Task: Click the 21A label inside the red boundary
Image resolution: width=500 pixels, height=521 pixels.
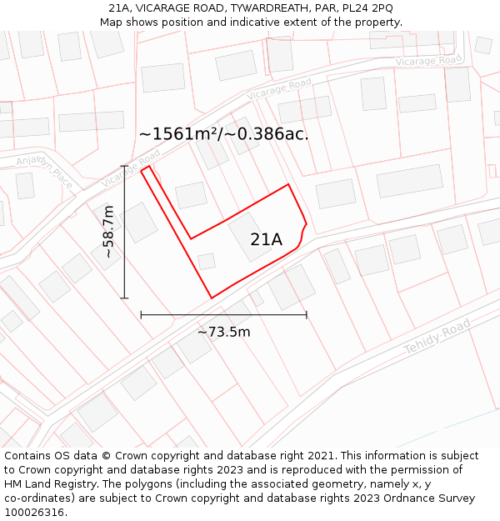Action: [267, 240]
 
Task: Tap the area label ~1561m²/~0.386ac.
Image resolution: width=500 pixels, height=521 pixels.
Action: [223, 133]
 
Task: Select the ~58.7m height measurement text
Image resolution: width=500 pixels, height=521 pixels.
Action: [108, 232]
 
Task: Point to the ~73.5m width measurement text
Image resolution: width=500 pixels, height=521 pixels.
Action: [223, 332]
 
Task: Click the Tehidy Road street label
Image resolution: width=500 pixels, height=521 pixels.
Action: [432, 338]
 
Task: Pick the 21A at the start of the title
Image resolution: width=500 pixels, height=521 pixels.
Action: [120, 8]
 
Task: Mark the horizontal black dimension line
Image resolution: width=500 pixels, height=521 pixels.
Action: [223, 314]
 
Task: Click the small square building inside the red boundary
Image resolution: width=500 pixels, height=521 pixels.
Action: [207, 262]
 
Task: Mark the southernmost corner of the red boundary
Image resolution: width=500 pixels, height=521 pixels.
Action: [212, 298]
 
